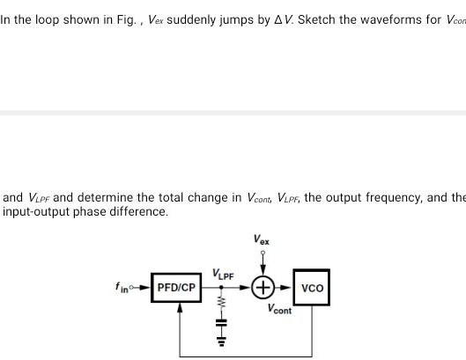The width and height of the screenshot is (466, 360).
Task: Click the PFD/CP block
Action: (x=176, y=288)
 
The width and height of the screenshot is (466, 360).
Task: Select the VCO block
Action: (x=312, y=288)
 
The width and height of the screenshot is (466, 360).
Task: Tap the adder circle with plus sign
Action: (x=263, y=288)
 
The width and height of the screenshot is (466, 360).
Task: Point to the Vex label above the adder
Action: (x=262, y=239)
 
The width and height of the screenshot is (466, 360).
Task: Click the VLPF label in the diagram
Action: (x=222, y=276)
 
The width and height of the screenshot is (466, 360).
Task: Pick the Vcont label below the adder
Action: (x=279, y=310)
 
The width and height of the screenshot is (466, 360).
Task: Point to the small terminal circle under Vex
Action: (x=262, y=251)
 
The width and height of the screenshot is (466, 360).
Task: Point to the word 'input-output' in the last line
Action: (x=36, y=211)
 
